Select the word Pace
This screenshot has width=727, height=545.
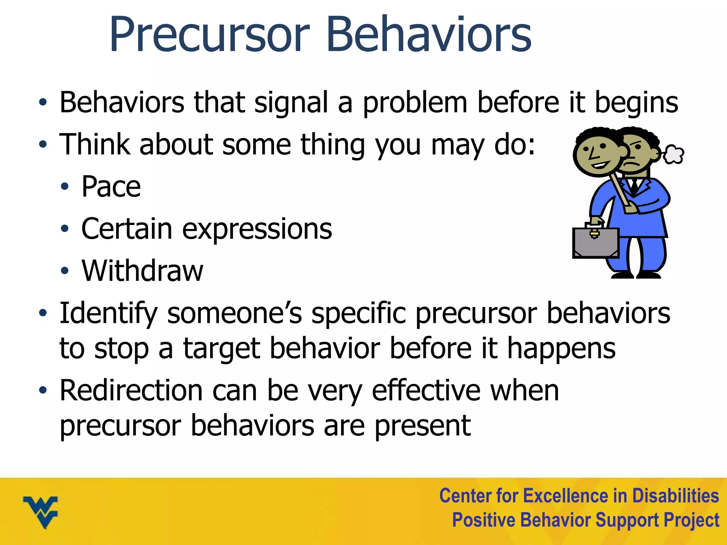point(111,187)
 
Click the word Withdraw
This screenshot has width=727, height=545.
point(142,271)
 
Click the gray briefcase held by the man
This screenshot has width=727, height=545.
point(595,243)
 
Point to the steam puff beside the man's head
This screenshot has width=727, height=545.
point(673,154)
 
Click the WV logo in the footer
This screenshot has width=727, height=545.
point(40,511)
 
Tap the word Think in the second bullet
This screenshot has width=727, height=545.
point(94,145)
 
